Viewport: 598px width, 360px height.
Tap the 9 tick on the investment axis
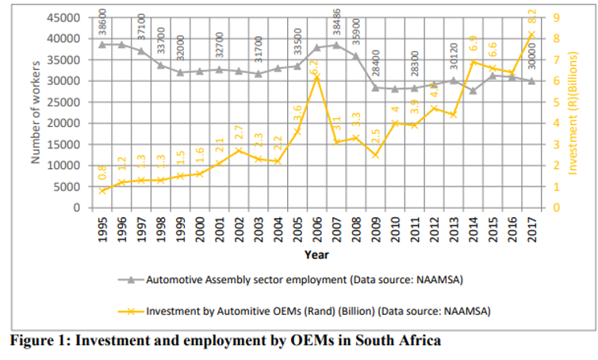tap(558, 17)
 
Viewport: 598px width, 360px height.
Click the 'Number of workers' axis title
tap(36, 112)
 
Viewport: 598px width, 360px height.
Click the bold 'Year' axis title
tap(316, 255)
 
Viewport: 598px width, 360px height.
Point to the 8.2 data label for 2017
tap(532, 17)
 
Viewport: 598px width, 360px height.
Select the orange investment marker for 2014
tap(473, 62)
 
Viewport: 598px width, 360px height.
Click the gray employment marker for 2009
tap(374, 87)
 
